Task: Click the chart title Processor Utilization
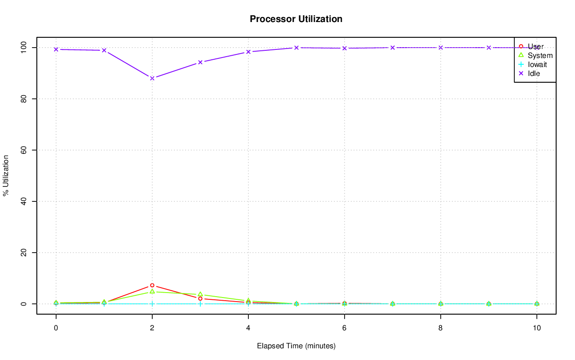296,19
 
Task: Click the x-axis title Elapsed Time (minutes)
296,346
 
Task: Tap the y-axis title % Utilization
6,175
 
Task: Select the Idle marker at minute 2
152,78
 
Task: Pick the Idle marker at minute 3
200,62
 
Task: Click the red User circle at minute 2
152,285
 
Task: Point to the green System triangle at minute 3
200,294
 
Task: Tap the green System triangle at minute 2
152,292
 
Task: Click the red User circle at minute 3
200,298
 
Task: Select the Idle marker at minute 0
56,49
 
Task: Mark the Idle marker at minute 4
248,52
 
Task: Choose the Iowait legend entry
537,64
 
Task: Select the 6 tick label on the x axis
345,328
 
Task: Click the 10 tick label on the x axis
537,328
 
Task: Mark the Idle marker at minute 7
393,48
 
